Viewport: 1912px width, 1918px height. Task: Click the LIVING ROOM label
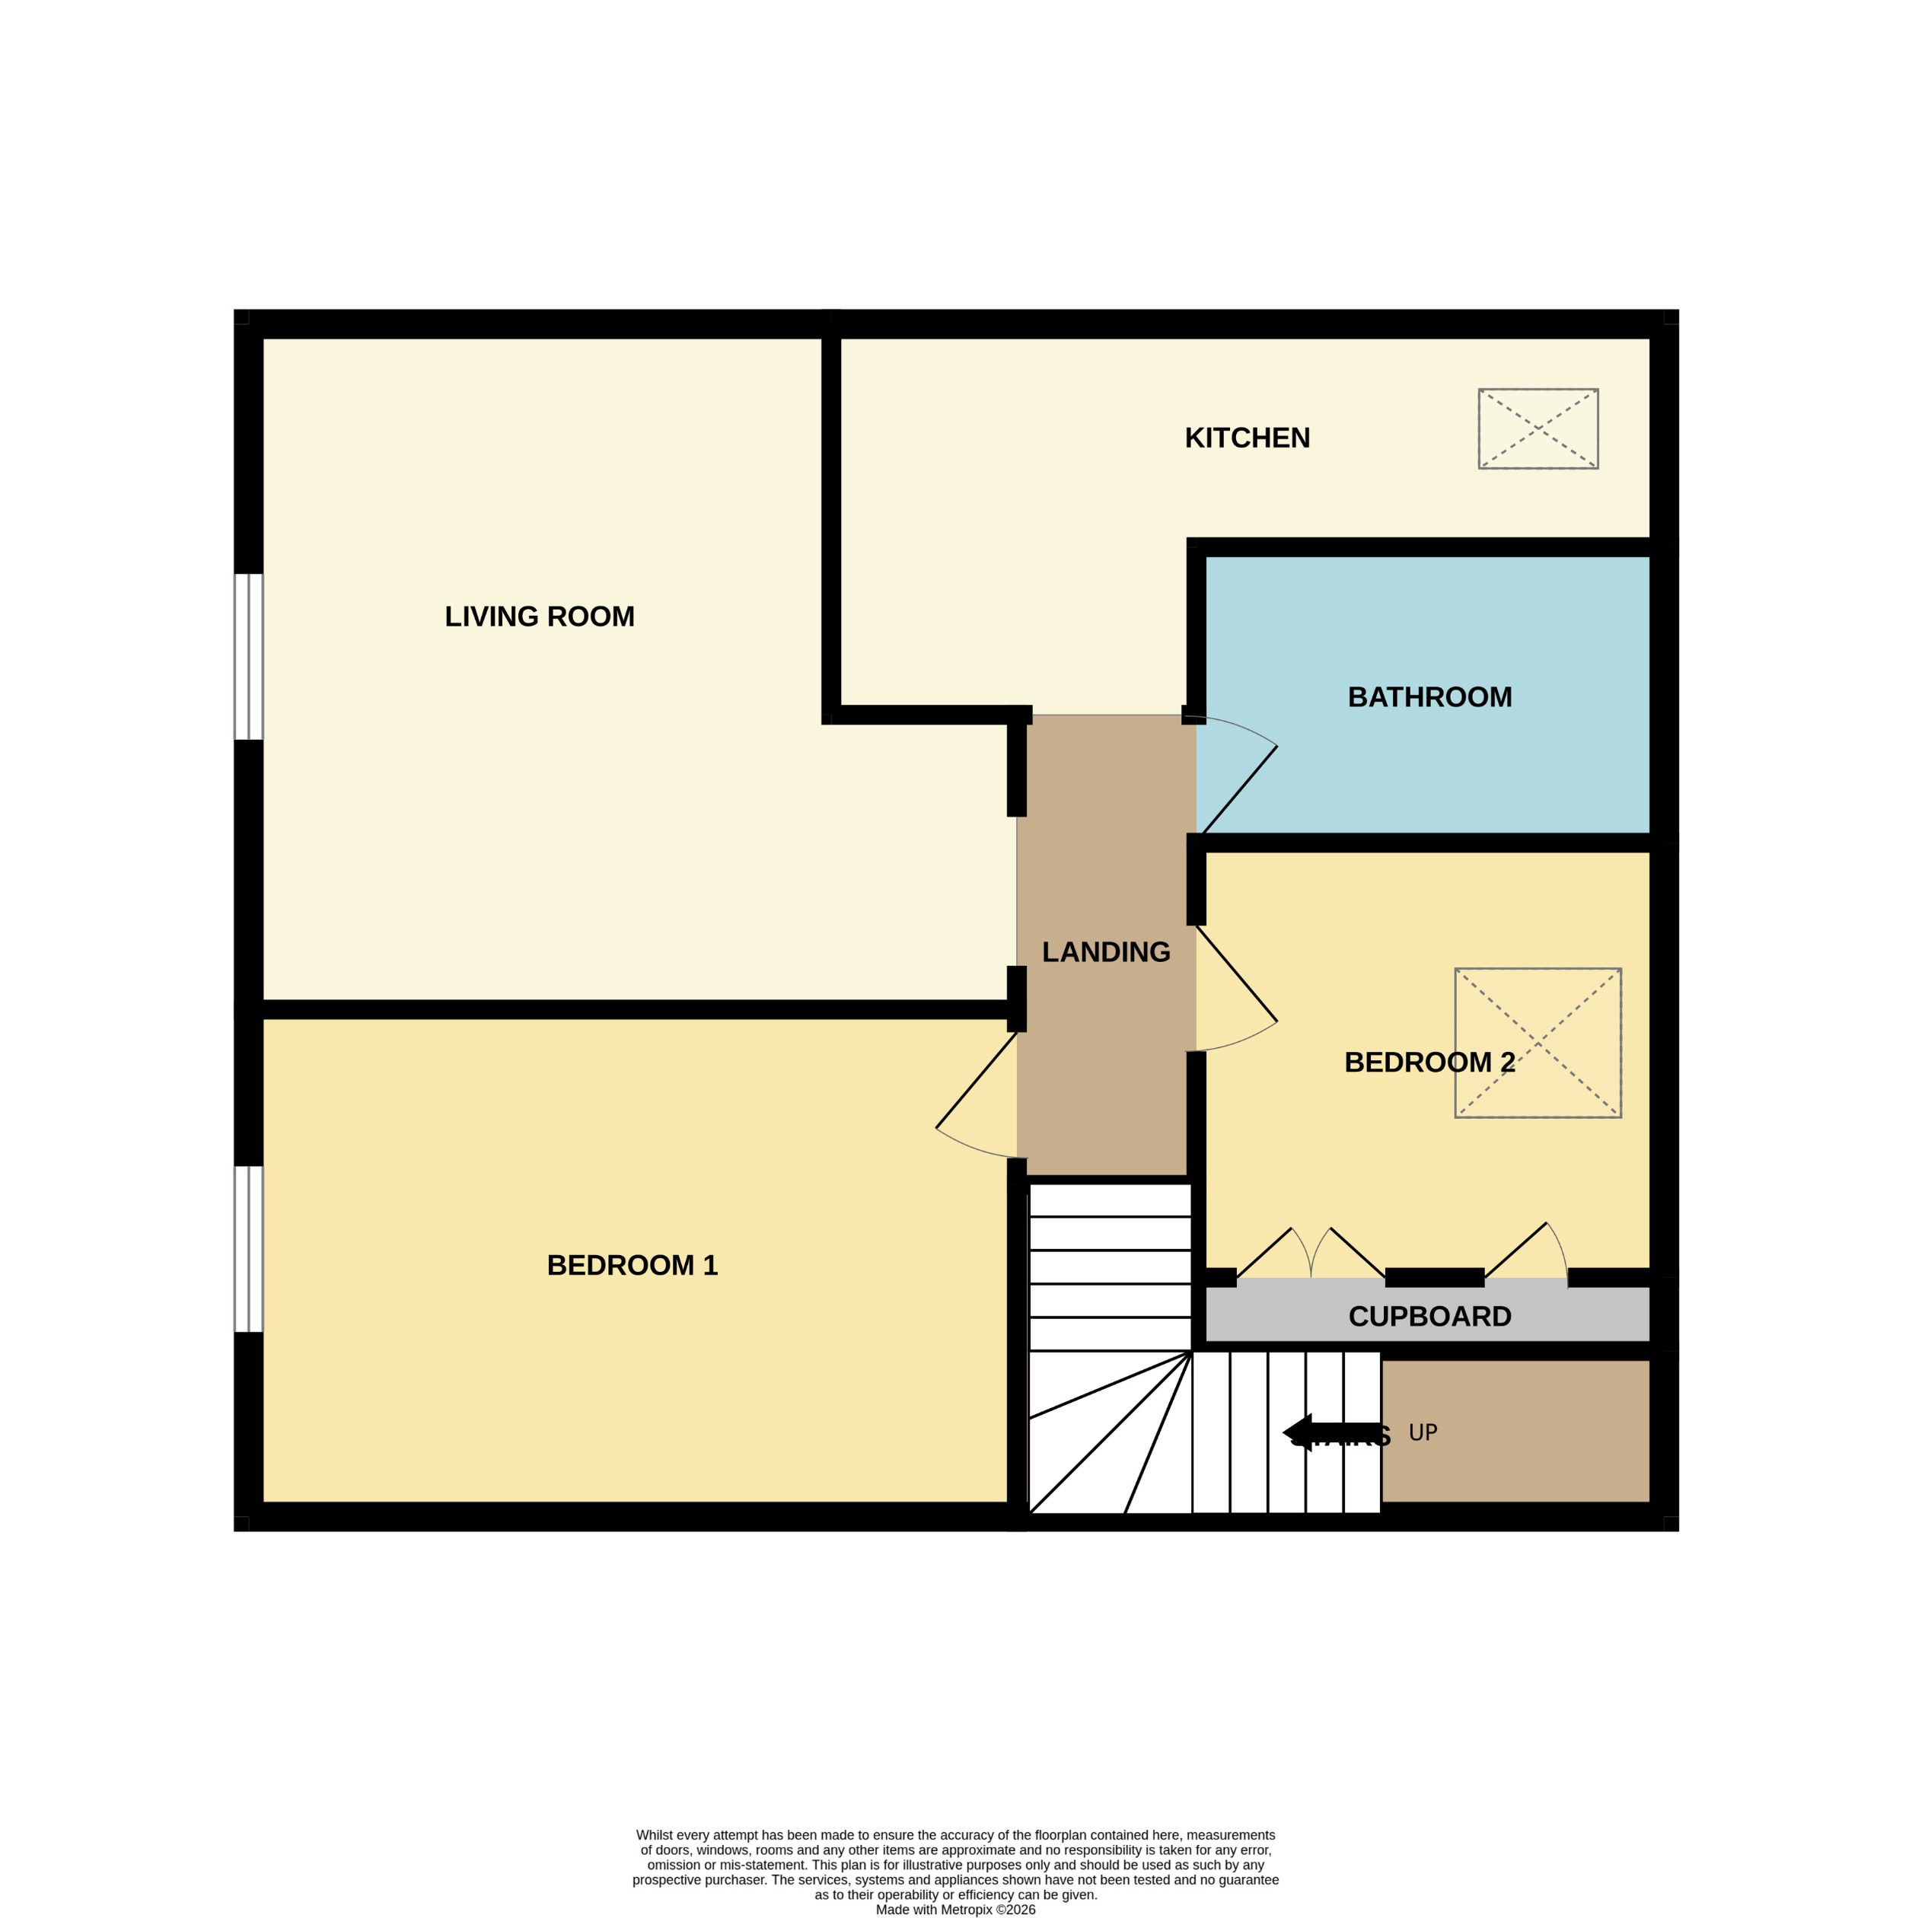pos(539,616)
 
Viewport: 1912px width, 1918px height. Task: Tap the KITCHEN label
pos(1247,438)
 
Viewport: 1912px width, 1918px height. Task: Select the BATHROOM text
pos(1429,697)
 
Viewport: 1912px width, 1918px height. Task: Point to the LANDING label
pos(1106,952)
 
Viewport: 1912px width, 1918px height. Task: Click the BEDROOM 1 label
pos(632,1265)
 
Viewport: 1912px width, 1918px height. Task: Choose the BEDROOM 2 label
pos(1429,1063)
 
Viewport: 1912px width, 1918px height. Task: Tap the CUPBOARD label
pos(1429,1317)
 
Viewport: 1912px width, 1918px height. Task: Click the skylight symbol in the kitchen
pos(1538,428)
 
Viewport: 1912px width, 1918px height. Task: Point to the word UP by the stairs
pos(1423,1432)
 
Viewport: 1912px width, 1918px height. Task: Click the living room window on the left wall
pos(248,656)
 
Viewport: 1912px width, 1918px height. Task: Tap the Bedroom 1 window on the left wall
pos(248,1248)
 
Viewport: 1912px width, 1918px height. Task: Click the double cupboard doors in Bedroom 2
pos(1311,1255)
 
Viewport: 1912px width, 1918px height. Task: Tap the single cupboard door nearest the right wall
pos(1527,1253)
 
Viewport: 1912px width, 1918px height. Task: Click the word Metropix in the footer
pos(965,1909)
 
